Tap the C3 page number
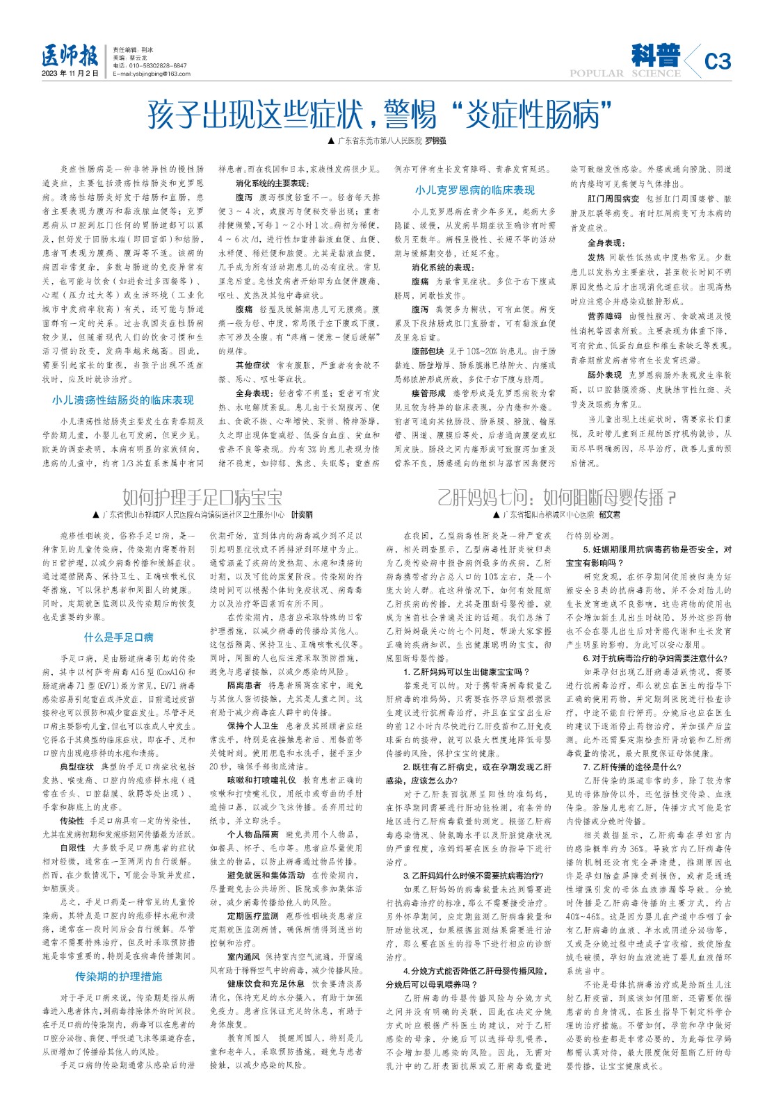[717, 61]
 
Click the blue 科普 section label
[656, 56]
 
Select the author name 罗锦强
[435, 140]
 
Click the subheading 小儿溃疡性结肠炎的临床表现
[122, 400]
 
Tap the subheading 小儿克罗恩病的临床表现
[475, 190]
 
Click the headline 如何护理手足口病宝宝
[202, 498]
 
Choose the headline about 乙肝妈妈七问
[557, 498]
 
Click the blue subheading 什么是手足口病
[119, 637]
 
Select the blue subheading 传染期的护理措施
[119, 976]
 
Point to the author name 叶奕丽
[302, 515]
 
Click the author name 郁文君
[610, 515]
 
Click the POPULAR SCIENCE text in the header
[624, 73]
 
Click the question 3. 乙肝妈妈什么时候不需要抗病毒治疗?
[474, 876]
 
